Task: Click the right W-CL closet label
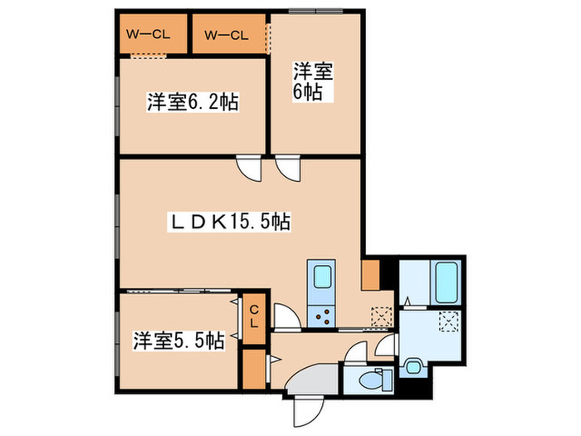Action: tap(226, 34)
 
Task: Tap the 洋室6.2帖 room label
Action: tap(193, 103)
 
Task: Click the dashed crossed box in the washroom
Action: tap(449, 321)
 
